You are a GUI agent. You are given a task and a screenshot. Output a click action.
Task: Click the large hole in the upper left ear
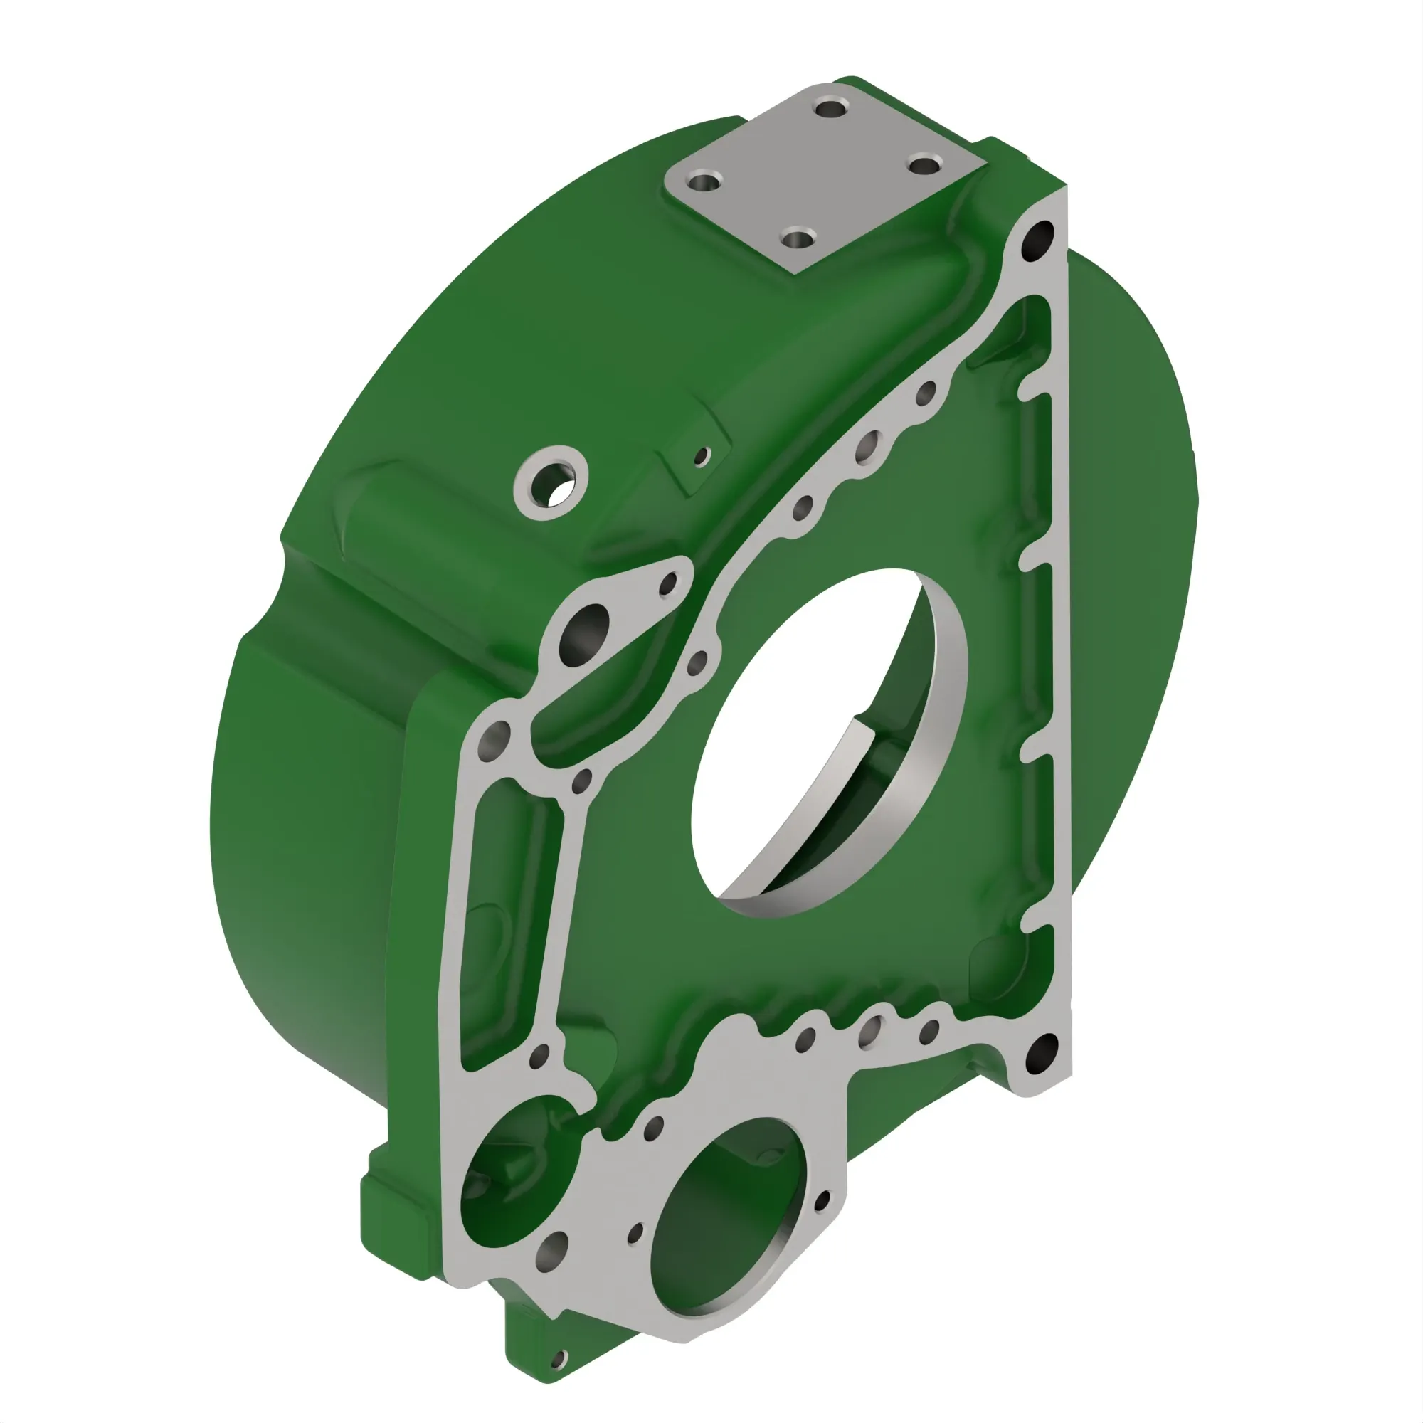[586, 631]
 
